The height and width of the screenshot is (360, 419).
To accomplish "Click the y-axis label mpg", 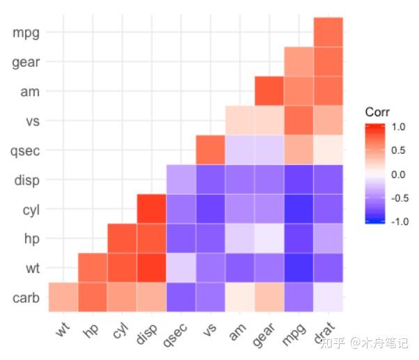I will click(26, 33).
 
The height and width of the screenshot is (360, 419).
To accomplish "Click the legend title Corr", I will click(377, 111).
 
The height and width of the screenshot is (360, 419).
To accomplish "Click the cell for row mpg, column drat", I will click(328, 32).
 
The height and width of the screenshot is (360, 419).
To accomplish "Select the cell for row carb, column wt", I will click(63, 297).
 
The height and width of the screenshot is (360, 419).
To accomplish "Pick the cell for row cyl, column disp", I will click(151, 209).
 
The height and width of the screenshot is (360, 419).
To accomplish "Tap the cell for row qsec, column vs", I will click(210, 150).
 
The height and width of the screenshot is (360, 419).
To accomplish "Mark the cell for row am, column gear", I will click(269, 91).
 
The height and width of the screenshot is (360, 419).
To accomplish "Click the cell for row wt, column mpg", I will click(299, 268).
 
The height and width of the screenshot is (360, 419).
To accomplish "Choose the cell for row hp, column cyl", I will click(122, 238).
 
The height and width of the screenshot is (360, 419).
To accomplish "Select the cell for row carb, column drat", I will click(328, 297).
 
